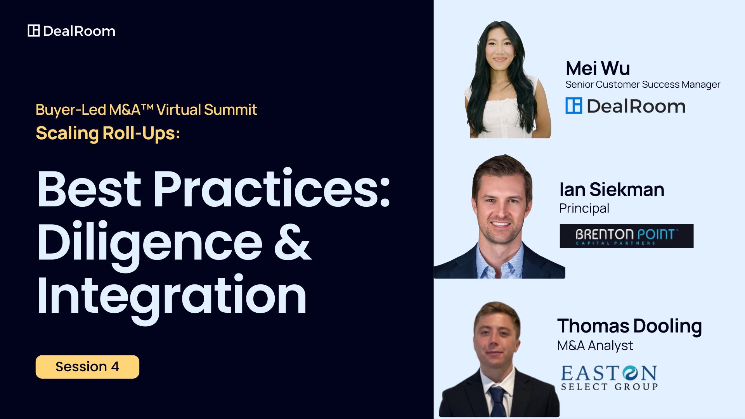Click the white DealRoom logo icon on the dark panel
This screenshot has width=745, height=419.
(34, 31)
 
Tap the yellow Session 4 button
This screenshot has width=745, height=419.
(87, 367)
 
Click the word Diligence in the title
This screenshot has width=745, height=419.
(150, 242)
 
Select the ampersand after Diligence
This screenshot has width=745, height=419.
(293, 241)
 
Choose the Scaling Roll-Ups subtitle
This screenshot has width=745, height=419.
(108, 133)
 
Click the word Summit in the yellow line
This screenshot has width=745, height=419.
(230, 110)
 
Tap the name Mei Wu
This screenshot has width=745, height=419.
(598, 68)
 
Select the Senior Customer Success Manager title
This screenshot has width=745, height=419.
(643, 85)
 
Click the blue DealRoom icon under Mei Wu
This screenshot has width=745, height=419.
(574, 106)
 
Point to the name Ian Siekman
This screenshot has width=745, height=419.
(612, 189)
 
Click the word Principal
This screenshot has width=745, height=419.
(584, 209)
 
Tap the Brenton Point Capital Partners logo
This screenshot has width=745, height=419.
(627, 236)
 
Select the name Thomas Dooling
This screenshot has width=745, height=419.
(629, 326)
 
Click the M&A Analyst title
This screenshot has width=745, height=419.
(595, 345)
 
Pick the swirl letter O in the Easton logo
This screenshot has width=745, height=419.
(630, 373)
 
